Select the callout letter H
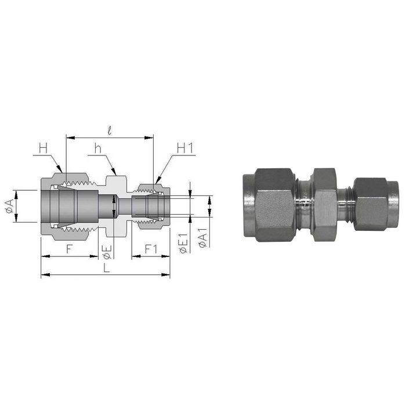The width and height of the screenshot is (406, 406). pyautogui.click(x=43, y=148)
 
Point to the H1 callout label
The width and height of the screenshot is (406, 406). pyautogui.click(x=184, y=148)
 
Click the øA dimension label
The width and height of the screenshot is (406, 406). pyautogui.click(x=9, y=206)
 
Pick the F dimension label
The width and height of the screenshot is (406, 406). pyautogui.click(x=69, y=249)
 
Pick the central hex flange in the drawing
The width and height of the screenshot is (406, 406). pyautogui.click(x=115, y=180)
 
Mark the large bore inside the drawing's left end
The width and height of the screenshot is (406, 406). pyautogui.click(x=64, y=206)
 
